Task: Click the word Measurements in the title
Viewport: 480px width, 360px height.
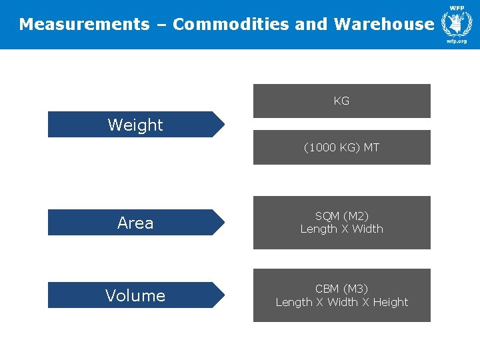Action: click(x=84, y=25)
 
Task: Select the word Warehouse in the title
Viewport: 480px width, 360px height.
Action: click(x=383, y=25)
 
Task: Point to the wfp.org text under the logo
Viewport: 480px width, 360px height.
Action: click(x=457, y=41)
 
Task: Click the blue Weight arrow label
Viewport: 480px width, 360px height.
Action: click(x=135, y=125)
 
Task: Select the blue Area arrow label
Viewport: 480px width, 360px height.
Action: click(x=135, y=223)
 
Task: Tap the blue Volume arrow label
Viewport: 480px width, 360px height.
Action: click(x=135, y=295)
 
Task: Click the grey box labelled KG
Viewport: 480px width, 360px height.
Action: click(x=341, y=101)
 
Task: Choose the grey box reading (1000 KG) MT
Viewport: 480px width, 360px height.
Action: click(x=341, y=147)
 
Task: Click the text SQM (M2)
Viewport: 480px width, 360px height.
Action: click(x=341, y=216)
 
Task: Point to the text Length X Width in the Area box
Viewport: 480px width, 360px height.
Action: click(x=341, y=229)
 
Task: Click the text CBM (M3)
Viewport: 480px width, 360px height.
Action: click(x=341, y=289)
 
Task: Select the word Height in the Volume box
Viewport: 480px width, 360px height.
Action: click(x=391, y=302)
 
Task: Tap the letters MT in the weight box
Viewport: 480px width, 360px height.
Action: click(x=371, y=147)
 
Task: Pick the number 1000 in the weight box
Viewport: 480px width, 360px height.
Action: click(x=321, y=147)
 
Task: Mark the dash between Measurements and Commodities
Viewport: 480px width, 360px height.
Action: click(x=161, y=25)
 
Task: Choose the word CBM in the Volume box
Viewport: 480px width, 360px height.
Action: click(x=327, y=289)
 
